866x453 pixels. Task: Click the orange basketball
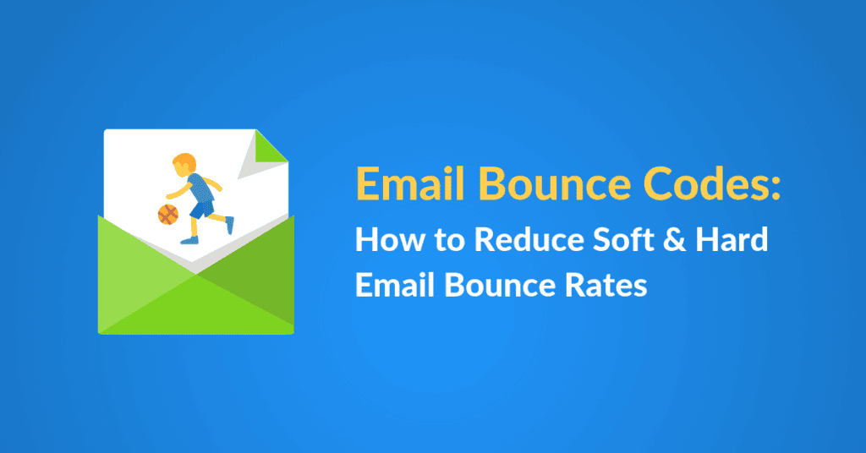tap(168, 214)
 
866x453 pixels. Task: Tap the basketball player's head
tap(184, 165)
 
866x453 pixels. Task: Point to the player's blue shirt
tap(200, 188)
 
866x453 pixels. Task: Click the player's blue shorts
tap(203, 210)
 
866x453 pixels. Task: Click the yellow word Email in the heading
tap(410, 183)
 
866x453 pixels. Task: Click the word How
tap(390, 239)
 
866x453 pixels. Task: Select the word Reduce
tap(529, 239)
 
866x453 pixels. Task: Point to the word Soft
tap(622, 239)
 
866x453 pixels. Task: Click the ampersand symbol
tap(674, 239)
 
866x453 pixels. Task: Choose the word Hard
tap(732, 239)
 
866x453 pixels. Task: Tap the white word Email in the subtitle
tap(395, 286)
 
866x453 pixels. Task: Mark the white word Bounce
tap(499, 286)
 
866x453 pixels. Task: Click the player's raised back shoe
tap(229, 225)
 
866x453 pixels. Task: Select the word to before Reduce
tap(450, 241)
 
